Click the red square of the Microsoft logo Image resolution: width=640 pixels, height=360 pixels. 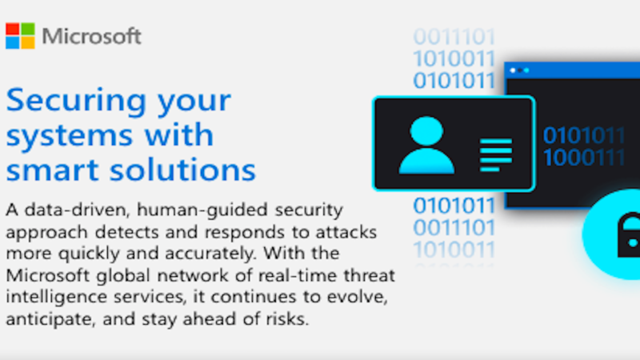point(13,29)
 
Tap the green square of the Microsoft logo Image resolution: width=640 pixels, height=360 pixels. point(27,29)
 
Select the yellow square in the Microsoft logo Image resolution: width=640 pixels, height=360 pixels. point(27,43)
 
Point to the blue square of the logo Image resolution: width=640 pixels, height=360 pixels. point(13,43)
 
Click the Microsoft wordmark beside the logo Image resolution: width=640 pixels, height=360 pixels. point(92,36)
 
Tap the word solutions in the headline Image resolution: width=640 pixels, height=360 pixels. point(183,169)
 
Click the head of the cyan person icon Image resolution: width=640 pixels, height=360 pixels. point(426,130)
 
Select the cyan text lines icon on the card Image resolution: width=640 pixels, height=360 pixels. point(496,154)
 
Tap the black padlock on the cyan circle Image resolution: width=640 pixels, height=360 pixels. point(629,235)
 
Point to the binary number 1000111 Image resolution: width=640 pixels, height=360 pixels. point(584,158)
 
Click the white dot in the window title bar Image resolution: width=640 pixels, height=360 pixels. point(513,70)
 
